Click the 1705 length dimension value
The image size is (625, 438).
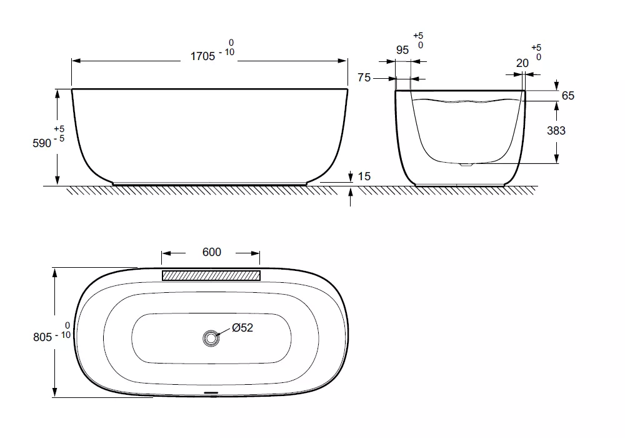tap(203, 56)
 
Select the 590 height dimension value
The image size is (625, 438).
tap(42, 143)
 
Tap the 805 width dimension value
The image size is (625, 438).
tap(42, 337)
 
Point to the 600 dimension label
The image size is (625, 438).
tap(212, 252)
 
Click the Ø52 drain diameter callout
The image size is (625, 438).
tap(242, 327)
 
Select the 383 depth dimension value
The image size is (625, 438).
tap(556, 130)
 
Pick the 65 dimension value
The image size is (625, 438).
tap(568, 96)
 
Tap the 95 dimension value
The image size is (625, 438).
tap(402, 50)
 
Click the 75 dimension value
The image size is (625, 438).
tap(364, 78)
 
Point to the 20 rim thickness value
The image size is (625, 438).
tap(522, 63)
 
